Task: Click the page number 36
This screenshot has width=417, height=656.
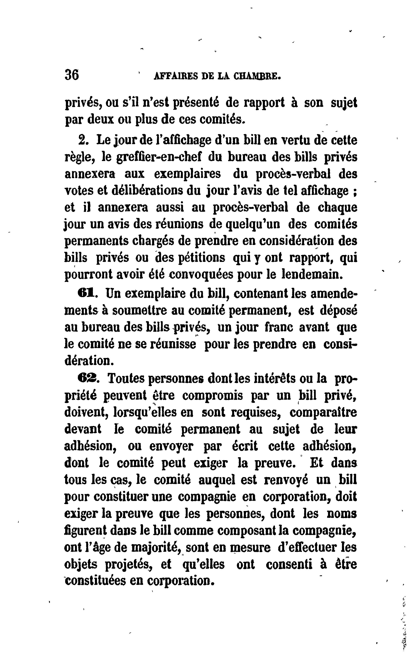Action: point(72,75)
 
